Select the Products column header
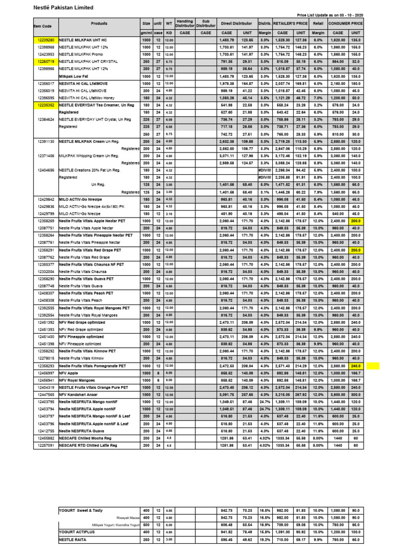click(x=99, y=23)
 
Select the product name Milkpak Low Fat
click(x=74, y=76)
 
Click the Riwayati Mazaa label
click(x=127, y=517)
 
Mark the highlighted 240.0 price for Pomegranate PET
click(x=355, y=366)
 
